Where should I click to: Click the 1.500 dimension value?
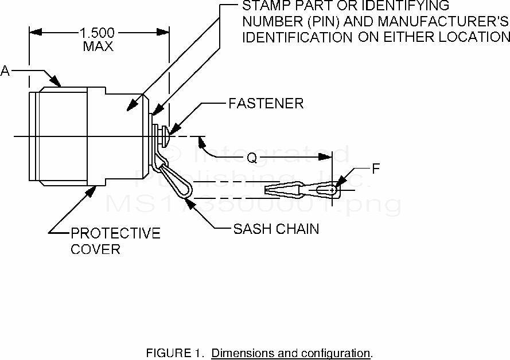tap(98, 32)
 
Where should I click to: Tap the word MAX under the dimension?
tap(98, 46)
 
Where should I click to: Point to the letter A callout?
tap(6, 71)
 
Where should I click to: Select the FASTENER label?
tap(266, 104)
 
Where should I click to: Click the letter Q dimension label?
tap(252, 156)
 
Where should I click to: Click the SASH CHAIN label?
tap(276, 229)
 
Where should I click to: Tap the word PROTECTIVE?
tap(115, 234)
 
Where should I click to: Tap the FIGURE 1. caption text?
tap(176, 352)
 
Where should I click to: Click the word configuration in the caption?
tap(335, 352)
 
